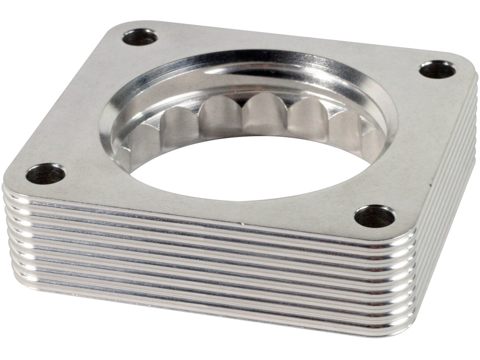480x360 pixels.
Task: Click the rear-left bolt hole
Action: coord(140,37)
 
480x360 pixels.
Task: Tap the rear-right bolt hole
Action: coord(437,70)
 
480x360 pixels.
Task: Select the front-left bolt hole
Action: coord(45,174)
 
